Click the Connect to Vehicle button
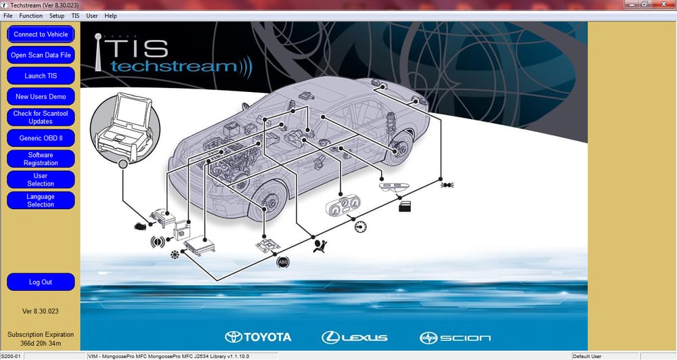[41, 34]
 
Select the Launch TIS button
[41, 76]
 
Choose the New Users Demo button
[41, 96]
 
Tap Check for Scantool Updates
[41, 117]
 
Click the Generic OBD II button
[41, 138]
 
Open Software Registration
[41, 159]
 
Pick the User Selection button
[41, 179]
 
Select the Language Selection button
[41, 200]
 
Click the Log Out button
[41, 282]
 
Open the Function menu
[30, 16]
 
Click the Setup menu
[57, 16]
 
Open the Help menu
[110, 16]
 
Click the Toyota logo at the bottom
[258, 337]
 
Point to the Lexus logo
[355, 338]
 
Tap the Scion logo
[455, 338]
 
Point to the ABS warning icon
[283, 262]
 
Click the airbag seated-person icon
[320, 246]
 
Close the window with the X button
[664, 4]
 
